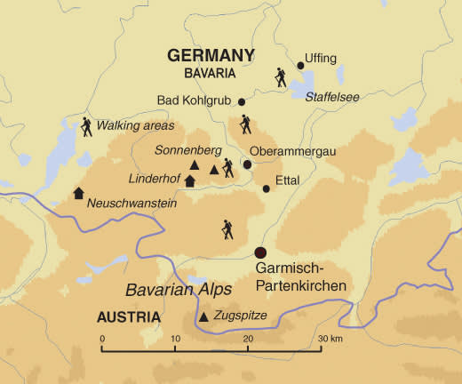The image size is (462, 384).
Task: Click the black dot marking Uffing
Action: click(300, 64)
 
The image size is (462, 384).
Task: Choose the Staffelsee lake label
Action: click(332, 97)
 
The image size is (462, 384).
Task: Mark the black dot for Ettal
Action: click(266, 188)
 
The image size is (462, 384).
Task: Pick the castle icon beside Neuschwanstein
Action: click(78, 193)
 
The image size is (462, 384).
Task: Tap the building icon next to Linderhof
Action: click(188, 180)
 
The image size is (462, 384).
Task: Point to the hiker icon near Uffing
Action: click(281, 78)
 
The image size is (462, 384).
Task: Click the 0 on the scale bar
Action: click(103, 339)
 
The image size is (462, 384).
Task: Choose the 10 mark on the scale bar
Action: click(175, 339)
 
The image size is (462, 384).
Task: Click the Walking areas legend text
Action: click(136, 125)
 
